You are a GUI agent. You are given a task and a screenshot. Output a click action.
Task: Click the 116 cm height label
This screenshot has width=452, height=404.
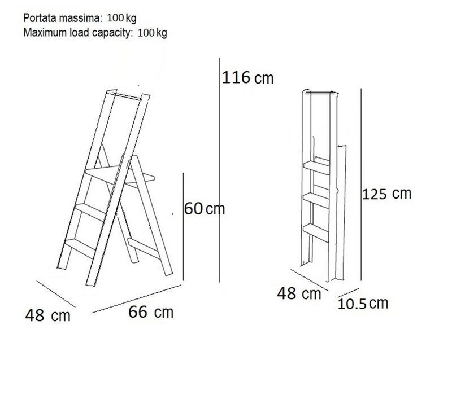tap(247, 78)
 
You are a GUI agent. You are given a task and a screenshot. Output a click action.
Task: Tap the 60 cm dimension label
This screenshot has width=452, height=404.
tap(205, 208)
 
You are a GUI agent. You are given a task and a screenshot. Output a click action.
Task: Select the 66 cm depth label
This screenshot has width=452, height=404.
tap(151, 312)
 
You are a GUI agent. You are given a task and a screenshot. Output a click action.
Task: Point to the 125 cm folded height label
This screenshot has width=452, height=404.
tap(386, 194)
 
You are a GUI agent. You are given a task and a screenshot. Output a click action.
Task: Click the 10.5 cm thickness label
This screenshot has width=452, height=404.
tap(363, 304)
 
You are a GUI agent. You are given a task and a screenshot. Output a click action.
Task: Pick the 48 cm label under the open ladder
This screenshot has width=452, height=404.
tap(48, 315)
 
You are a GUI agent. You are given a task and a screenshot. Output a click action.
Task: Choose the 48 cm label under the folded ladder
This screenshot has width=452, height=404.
tap(299, 294)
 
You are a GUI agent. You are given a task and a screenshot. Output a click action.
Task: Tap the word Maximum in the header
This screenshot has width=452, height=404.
tap(45, 32)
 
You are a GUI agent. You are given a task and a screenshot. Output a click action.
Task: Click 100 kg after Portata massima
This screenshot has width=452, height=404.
tap(121, 18)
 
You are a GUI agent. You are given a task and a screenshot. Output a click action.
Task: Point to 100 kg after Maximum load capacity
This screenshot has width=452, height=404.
tap(152, 33)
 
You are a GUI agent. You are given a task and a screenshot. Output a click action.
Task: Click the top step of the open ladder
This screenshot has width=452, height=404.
tap(120, 175)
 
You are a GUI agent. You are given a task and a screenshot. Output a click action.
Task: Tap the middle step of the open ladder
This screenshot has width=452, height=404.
tap(91, 212)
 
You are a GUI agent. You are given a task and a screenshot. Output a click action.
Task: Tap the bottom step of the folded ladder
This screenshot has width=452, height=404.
tap(316, 232)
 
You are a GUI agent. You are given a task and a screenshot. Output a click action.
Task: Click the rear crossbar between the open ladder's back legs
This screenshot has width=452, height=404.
tap(144, 248)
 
